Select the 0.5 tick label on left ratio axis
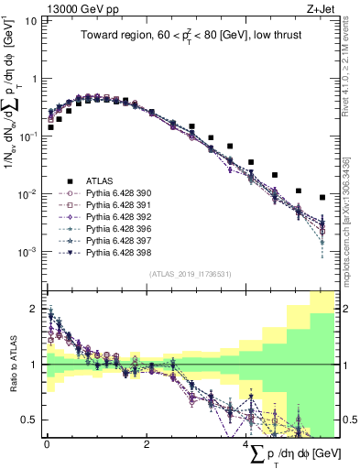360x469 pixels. point(28,420)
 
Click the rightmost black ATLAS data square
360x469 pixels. point(322,197)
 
